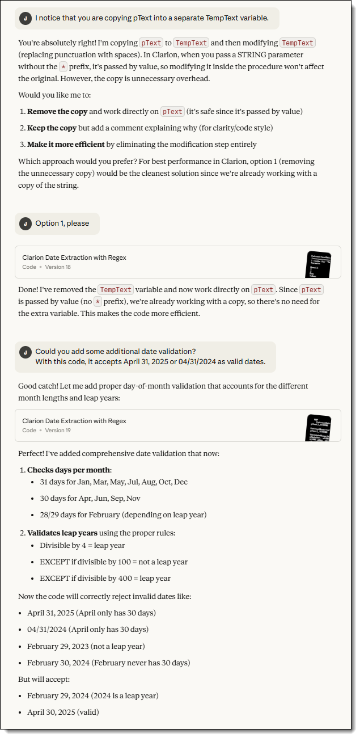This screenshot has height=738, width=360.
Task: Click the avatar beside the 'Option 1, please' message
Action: pos(25,223)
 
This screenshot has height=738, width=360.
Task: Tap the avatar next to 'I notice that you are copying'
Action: pos(25,18)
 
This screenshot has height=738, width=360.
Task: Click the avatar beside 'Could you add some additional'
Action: pos(25,352)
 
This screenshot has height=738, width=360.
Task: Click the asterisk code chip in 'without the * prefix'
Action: pos(63,67)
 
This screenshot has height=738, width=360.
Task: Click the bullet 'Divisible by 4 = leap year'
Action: pos(82,546)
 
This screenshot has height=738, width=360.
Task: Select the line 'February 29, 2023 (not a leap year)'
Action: pos(86,646)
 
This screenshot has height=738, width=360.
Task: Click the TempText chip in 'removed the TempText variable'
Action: pos(115,290)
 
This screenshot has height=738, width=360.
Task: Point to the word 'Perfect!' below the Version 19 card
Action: pos(33,454)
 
